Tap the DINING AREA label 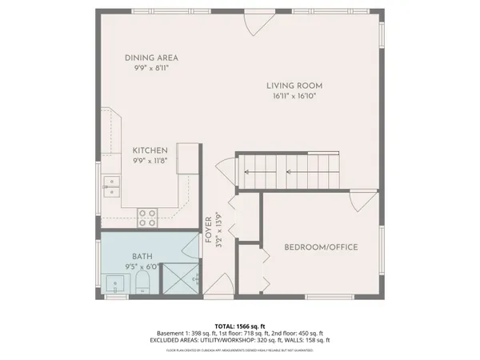click(x=150, y=58)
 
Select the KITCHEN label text click(x=150, y=150)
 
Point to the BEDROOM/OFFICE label click(x=321, y=247)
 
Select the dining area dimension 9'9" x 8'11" click(x=150, y=68)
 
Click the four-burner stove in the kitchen click(x=147, y=214)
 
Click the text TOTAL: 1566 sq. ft click(x=240, y=326)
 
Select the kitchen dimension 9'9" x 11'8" click(x=150, y=161)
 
